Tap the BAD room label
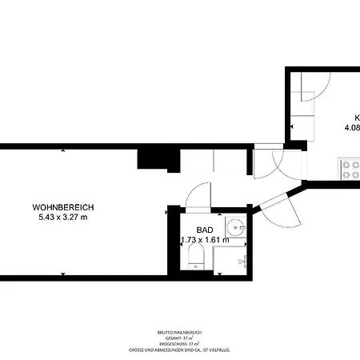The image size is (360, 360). click(194, 229)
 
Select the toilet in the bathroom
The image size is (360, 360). click(197, 258)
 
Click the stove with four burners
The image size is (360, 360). click(350, 170)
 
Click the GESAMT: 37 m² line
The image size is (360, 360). click(180, 337)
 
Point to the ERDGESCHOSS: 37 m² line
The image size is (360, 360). click(180, 343)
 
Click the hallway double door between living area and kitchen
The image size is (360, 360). click(276, 163)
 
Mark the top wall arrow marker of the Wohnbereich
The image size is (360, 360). click(62, 149)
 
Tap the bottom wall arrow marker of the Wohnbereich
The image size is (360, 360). click(62, 274)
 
